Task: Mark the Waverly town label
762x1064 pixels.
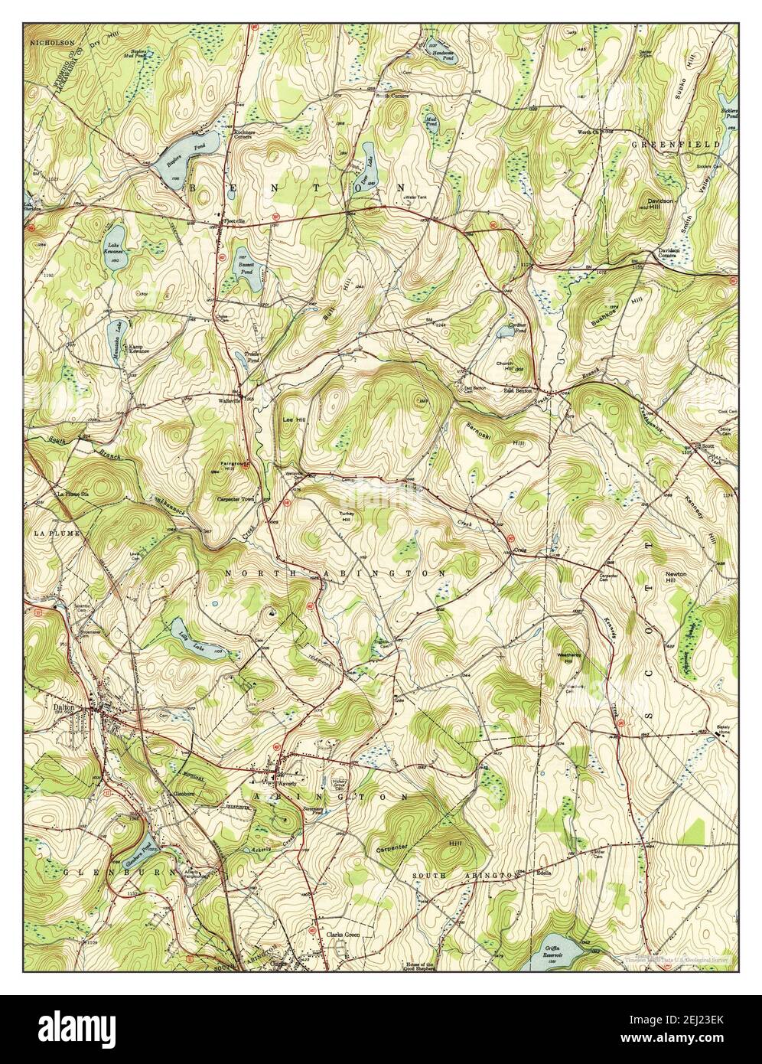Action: [286, 785]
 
